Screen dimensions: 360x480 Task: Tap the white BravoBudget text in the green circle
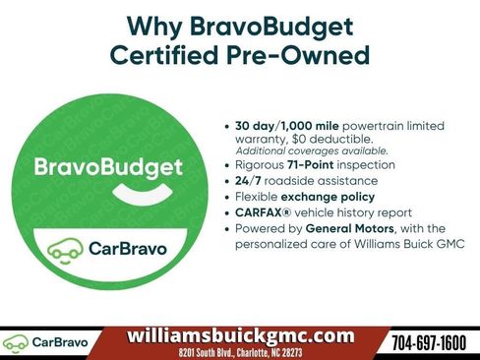click(x=108, y=166)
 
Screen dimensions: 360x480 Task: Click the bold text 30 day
click(x=259, y=127)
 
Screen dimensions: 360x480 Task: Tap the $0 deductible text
click(x=315, y=139)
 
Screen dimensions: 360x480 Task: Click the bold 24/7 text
click(x=251, y=181)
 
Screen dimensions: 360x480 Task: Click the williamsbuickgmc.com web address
click(x=241, y=335)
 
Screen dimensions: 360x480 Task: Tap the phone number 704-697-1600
click(x=429, y=342)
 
